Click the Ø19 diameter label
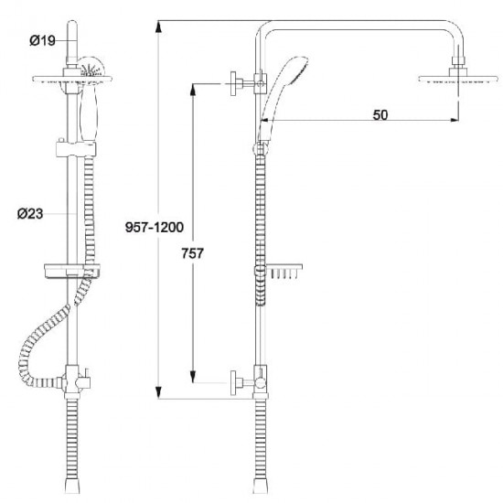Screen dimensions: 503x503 pyautogui.click(x=42, y=40)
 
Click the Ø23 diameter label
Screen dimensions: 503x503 pyautogui.click(x=30, y=214)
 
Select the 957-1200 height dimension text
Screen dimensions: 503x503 pyautogui.click(x=155, y=227)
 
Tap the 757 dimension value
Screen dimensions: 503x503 pyautogui.click(x=192, y=253)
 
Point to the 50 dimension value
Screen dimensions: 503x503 pyautogui.click(x=380, y=115)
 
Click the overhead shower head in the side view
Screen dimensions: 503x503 pyautogui.click(x=458, y=79)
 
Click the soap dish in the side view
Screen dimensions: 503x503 pyautogui.click(x=284, y=271)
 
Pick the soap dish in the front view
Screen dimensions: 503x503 pyautogui.click(x=72, y=271)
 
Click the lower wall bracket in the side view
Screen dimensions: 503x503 pyautogui.click(x=248, y=382)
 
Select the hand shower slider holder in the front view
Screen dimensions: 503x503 pyautogui.click(x=76, y=149)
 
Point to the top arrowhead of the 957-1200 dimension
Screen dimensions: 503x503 pyautogui.click(x=158, y=27)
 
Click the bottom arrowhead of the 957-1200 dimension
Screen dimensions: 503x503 pyautogui.click(x=158, y=393)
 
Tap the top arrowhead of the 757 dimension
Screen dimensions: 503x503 pyautogui.click(x=193, y=90)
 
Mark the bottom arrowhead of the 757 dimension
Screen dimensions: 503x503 pyautogui.click(x=193, y=377)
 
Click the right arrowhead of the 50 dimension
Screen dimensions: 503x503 pyautogui.click(x=454, y=120)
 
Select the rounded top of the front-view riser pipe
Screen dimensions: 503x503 pyautogui.click(x=72, y=25)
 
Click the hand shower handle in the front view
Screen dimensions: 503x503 pyautogui.click(x=89, y=114)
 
